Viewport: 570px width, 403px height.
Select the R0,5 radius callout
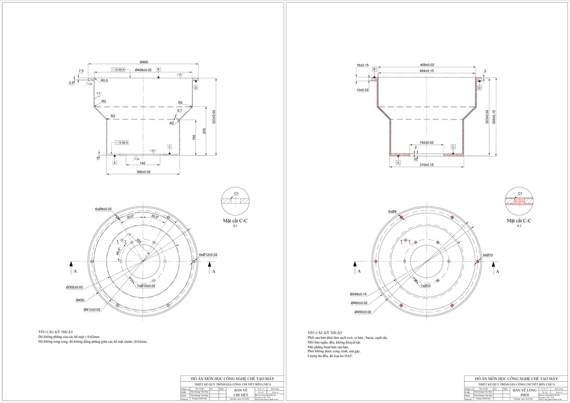tap(104, 81)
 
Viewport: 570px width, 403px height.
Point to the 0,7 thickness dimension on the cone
tap(180, 111)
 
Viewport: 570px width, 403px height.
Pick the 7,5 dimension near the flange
tap(81, 71)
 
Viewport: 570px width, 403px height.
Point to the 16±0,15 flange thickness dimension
tap(362, 65)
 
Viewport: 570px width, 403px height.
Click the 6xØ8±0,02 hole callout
tap(103, 209)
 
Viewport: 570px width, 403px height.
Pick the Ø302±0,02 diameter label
tap(74, 287)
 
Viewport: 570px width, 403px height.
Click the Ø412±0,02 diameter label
tap(92, 309)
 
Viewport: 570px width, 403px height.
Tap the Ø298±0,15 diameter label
tap(359, 294)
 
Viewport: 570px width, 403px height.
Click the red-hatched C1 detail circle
tap(519, 201)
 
